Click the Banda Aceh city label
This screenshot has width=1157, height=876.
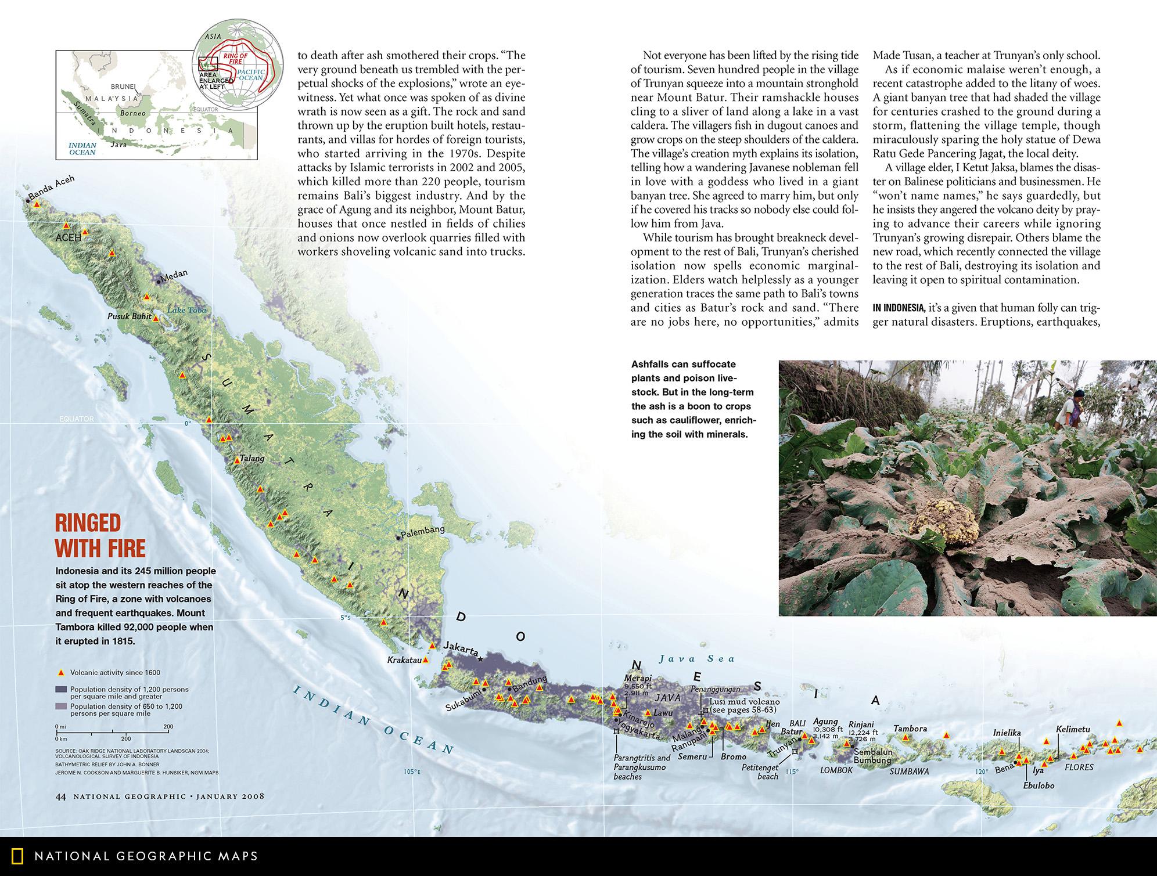[x=52, y=189]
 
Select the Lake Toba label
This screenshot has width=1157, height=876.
[x=186, y=311]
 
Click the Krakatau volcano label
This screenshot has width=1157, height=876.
[x=404, y=660]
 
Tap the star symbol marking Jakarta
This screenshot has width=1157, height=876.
[x=480, y=659]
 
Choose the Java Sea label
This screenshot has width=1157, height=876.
[x=697, y=658]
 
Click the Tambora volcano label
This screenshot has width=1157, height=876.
[x=910, y=729]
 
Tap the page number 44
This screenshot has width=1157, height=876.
[x=60, y=796]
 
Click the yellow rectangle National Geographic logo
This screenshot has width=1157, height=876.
[x=19, y=856]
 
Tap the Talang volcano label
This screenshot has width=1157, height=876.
[x=252, y=458]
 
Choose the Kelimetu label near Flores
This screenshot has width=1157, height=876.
[x=1073, y=730]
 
